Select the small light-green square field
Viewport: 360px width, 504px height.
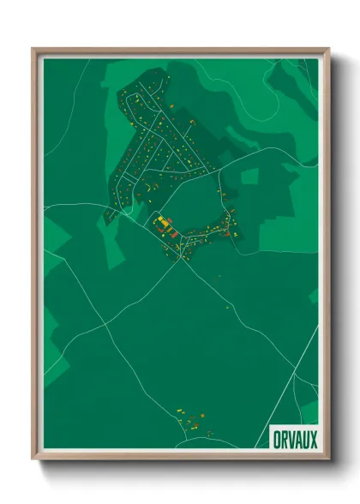249,177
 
